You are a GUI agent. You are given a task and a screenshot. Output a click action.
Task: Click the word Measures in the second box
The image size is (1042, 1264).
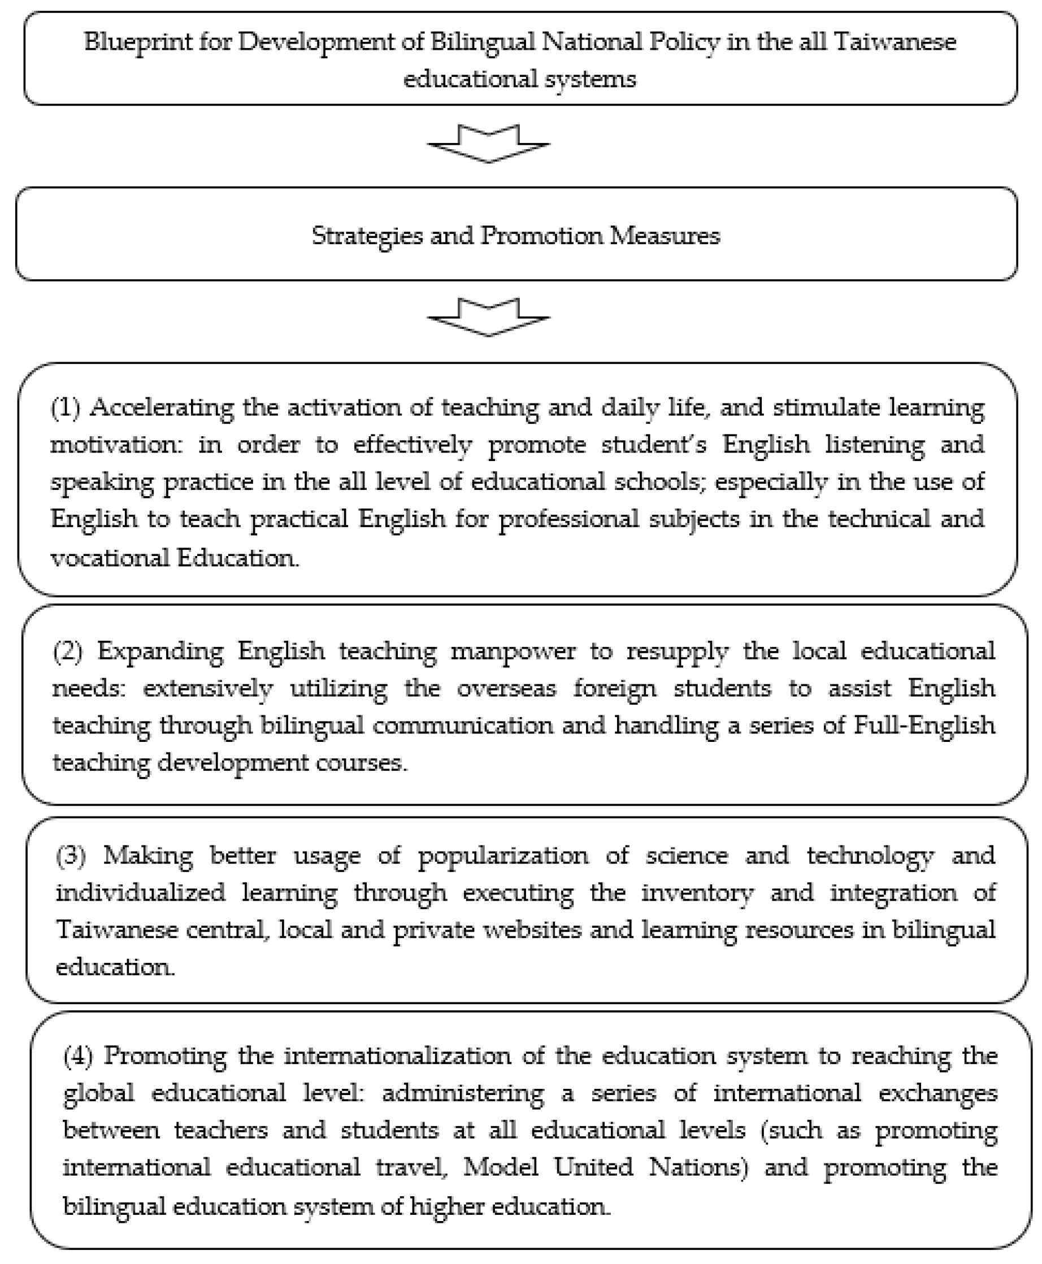[665, 235]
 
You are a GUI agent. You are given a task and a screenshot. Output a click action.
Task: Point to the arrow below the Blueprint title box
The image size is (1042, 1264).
[488, 144]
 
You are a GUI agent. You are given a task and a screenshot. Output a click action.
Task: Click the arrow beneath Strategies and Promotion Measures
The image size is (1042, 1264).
[488, 316]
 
